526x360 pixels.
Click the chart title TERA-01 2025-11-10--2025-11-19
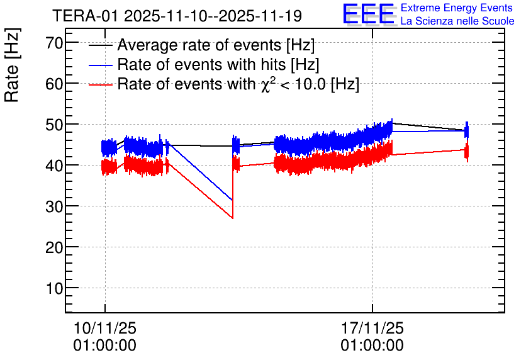(x=177, y=16)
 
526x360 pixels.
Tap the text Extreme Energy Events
(x=457, y=8)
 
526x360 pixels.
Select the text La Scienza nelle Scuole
(x=457, y=21)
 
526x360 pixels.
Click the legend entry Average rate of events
(x=216, y=45)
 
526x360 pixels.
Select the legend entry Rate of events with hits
(x=218, y=65)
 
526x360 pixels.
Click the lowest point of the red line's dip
(x=233, y=218)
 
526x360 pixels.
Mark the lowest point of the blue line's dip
(x=233, y=200)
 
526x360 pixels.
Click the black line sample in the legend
(x=101, y=46)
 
